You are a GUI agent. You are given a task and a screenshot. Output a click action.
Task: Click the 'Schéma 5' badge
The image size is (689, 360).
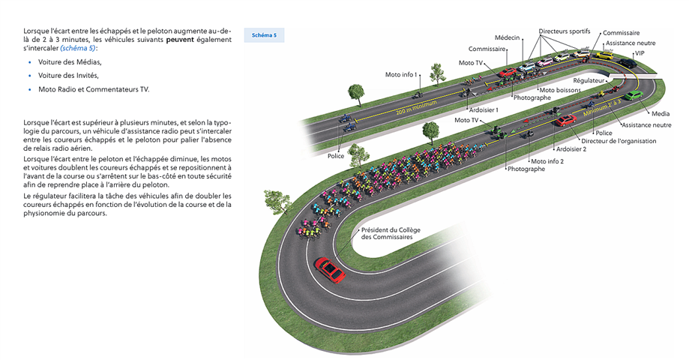(x=264, y=35)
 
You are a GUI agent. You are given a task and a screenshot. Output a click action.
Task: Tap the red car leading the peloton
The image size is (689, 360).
(x=329, y=268)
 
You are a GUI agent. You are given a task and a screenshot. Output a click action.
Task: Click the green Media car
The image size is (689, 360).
(x=634, y=95)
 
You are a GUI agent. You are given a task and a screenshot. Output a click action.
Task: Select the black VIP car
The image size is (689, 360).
(x=628, y=64)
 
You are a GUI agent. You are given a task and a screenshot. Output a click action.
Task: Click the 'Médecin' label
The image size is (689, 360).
(x=508, y=37)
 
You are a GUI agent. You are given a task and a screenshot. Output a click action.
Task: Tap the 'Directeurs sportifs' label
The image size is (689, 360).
(x=564, y=31)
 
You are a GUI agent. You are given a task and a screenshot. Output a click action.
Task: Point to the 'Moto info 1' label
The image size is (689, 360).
(x=401, y=75)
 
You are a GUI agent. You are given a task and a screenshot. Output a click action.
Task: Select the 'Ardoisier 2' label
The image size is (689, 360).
(x=571, y=148)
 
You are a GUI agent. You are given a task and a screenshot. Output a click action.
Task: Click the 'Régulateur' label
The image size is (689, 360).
(x=589, y=79)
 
